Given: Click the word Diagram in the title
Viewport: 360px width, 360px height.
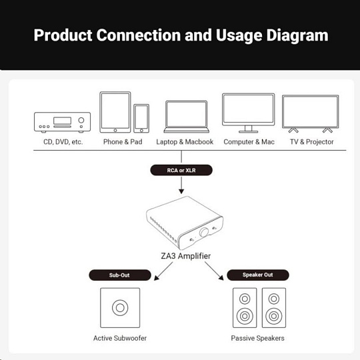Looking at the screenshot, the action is [x=297, y=36].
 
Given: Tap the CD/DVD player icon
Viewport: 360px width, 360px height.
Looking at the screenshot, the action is [x=62, y=123].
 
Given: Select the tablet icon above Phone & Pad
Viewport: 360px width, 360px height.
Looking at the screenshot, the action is [x=115, y=112].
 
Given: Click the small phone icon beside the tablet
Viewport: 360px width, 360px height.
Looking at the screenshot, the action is [x=141, y=119].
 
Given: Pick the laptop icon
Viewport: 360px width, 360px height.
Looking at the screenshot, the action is [x=187, y=117].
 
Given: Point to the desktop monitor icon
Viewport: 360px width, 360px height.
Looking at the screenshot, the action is [x=249, y=113].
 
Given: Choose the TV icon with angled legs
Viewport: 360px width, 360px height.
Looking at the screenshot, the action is [x=311, y=114].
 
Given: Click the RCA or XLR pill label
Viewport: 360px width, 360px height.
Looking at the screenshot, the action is [x=181, y=170].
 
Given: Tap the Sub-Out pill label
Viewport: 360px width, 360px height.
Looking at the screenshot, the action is [x=120, y=275].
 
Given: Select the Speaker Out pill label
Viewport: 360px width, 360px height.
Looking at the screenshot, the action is [x=258, y=275].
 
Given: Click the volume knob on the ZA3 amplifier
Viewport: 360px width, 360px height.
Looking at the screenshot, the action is [x=203, y=233].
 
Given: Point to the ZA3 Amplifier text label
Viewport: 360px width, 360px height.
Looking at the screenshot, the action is [x=186, y=256].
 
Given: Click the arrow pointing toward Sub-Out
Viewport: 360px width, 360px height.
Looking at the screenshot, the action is [x=163, y=271].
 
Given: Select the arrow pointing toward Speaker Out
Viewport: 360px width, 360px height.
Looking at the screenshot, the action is [x=214, y=271].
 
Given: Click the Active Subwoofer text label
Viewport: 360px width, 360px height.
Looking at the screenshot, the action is [x=120, y=338].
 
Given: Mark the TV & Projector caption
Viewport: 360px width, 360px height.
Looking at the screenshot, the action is [x=311, y=141].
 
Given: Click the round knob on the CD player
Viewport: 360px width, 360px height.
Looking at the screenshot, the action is [x=81, y=120].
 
